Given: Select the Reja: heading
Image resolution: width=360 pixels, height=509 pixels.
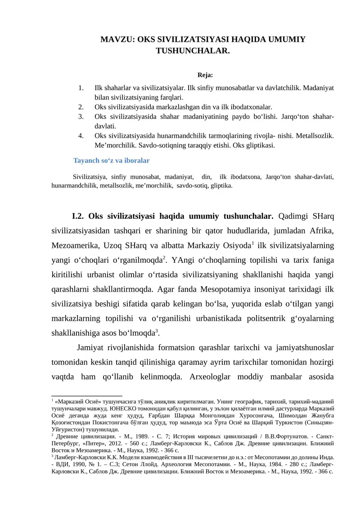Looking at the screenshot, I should pos(205,75).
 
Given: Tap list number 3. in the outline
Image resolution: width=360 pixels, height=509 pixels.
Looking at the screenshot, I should pos(81,117).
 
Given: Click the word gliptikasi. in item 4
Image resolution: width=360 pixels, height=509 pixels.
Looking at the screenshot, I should pos(258,145).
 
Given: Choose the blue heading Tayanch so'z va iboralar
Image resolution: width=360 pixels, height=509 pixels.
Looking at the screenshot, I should pos(111,160).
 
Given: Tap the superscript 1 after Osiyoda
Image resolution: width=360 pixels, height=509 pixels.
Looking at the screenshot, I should pos(253,243).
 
